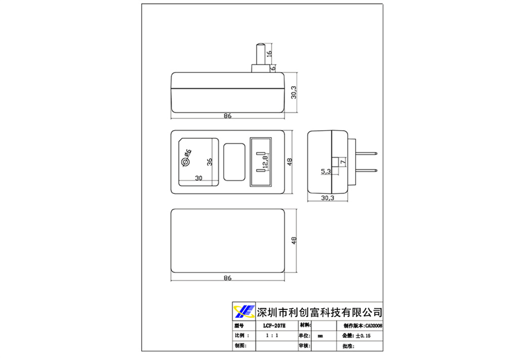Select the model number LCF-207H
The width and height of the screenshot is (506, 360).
(x=274, y=326)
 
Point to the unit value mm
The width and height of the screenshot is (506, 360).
(x=320, y=336)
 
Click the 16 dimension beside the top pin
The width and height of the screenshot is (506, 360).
(x=269, y=53)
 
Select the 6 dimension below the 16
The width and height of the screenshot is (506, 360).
(x=273, y=67)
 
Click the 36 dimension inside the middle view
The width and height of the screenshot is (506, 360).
(x=209, y=162)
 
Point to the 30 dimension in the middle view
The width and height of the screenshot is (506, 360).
(x=198, y=178)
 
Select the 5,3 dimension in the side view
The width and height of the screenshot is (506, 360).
(x=326, y=172)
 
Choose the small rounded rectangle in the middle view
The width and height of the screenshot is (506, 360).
(x=233, y=162)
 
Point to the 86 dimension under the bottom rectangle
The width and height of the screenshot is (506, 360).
(x=227, y=278)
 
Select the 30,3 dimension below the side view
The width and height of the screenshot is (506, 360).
(x=327, y=198)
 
